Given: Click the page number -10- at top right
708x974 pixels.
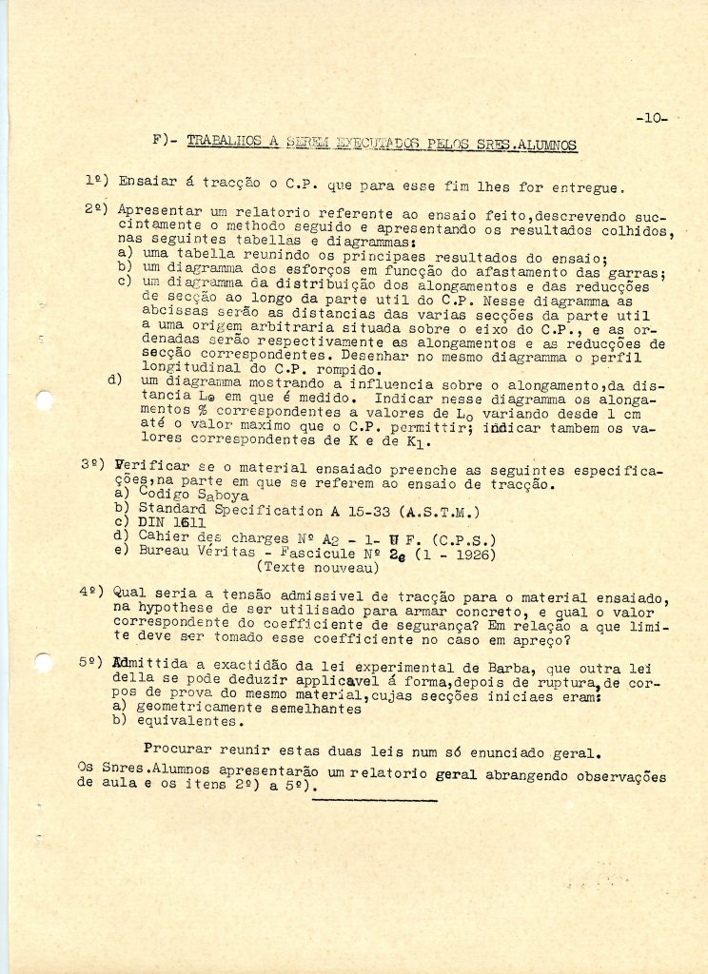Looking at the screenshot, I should pyautogui.click(x=651, y=119).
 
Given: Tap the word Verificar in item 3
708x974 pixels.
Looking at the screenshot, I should pyautogui.click(x=150, y=468).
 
